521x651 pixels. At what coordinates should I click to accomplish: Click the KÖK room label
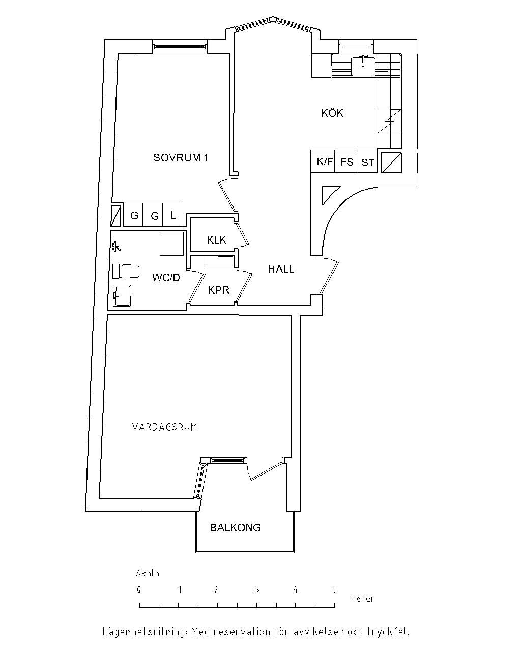[x=332, y=113]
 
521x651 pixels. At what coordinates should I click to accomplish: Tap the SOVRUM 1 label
[x=181, y=158]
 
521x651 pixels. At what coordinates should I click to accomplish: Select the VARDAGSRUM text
[x=164, y=427]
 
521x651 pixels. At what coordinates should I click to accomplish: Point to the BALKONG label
[x=235, y=528]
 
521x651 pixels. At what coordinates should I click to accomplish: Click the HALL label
[x=281, y=269]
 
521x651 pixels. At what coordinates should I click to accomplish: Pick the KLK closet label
[x=216, y=240]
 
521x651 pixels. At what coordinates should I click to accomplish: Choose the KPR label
[x=219, y=290]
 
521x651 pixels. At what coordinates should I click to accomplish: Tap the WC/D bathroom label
[x=166, y=278]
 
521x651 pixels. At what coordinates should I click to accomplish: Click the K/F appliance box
[x=324, y=162]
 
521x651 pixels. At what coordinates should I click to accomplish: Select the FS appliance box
[x=347, y=162]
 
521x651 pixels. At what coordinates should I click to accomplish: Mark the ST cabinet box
[x=368, y=163]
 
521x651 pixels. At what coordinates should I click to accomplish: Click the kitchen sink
[x=363, y=66]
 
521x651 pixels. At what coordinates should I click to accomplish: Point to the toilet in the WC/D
[x=125, y=271]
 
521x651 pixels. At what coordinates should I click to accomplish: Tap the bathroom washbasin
[x=122, y=295]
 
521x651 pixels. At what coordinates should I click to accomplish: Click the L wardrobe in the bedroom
[x=173, y=215]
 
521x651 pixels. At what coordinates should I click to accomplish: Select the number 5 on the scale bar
[x=334, y=590]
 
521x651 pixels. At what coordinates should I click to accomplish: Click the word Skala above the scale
[x=148, y=574]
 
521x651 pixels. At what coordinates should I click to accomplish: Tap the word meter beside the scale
[x=362, y=599]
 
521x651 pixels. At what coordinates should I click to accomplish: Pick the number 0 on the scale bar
[x=139, y=590]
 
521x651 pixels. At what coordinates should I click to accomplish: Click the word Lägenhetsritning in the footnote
[x=144, y=632]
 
